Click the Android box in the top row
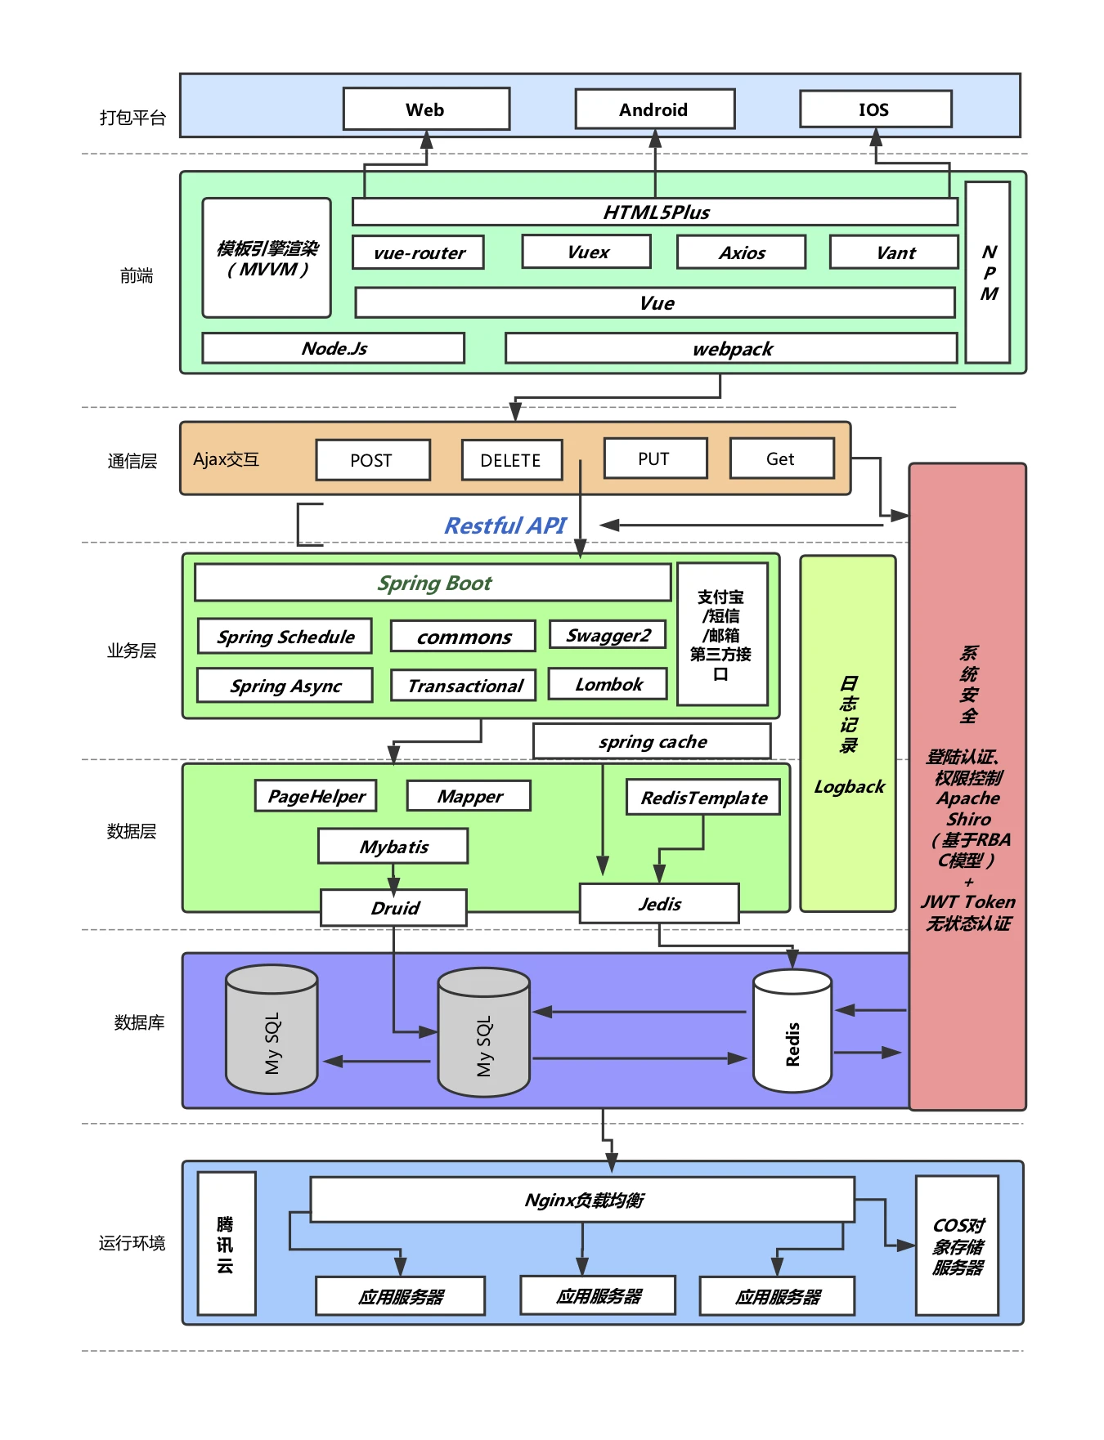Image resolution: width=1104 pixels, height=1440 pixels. (655, 110)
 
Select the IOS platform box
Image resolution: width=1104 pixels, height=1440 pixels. (876, 109)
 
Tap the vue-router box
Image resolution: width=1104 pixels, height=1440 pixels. (419, 253)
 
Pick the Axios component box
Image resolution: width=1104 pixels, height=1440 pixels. (742, 253)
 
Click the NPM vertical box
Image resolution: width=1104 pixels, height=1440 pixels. (988, 272)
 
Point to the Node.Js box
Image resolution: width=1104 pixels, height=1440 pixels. (334, 348)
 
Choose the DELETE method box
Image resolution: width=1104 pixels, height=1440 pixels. (512, 460)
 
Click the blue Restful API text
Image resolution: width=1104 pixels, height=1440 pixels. (505, 525)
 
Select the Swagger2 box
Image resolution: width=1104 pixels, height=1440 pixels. (608, 635)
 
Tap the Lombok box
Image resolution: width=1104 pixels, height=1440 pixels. (608, 684)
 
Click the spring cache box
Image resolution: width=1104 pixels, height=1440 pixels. (652, 741)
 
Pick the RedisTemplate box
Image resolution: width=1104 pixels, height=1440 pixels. (703, 798)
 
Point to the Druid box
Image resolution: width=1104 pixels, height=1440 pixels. (394, 908)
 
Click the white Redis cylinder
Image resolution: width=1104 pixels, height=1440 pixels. (792, 1031)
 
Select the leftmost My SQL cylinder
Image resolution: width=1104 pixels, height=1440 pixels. (272, 1030)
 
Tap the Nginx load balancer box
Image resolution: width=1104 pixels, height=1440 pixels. (583, 1200)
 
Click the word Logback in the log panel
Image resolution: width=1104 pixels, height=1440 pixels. (849, 787)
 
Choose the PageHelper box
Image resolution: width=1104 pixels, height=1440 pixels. (316, 796)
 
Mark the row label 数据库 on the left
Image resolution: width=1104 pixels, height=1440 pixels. (139, 1022)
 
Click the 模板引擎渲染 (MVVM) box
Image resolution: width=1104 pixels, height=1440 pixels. (267, 257)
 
